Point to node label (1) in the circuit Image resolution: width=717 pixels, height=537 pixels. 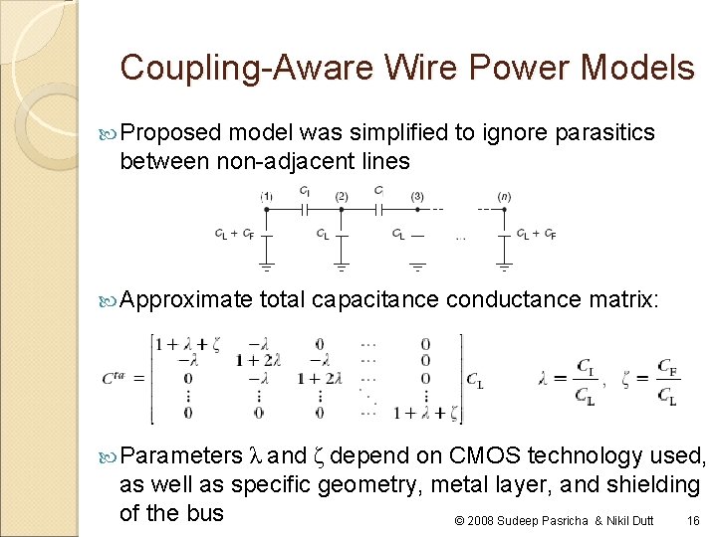point(266,196)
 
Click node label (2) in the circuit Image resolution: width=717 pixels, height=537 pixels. point(341,196)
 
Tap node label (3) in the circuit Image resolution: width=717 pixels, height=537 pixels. point(416,196)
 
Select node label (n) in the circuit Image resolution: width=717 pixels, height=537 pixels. point(505,196)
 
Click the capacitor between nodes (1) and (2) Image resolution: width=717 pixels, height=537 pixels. point(306,209)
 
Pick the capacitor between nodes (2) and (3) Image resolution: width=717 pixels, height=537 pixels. point(379,209)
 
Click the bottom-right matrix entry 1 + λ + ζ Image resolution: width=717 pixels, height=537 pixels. point(426,412)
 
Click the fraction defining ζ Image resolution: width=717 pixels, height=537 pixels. point(667,380)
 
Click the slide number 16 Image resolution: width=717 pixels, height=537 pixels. point(694,520)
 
